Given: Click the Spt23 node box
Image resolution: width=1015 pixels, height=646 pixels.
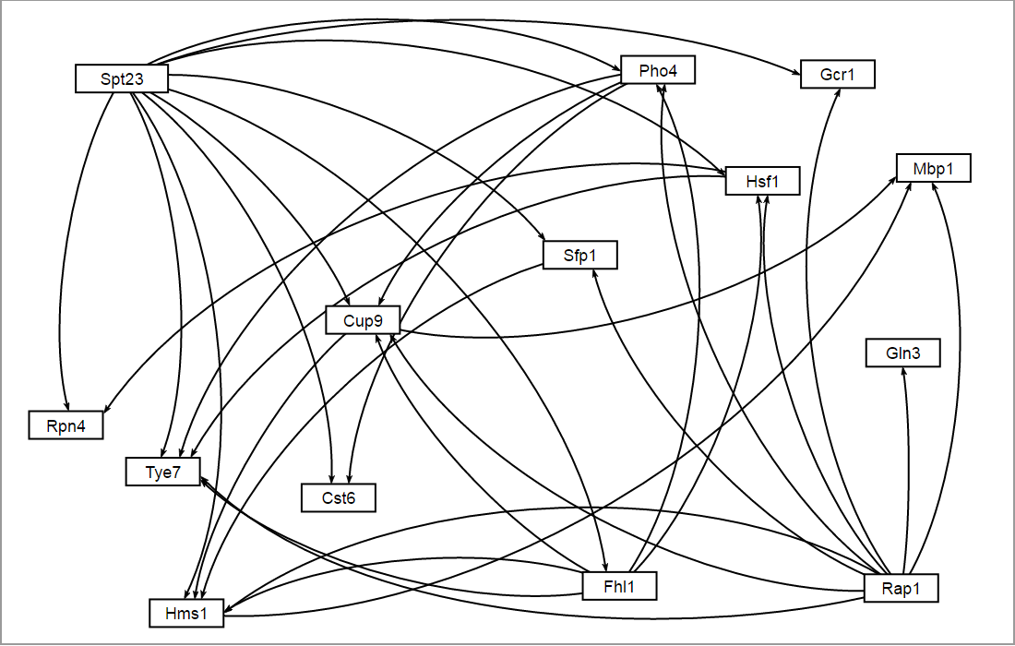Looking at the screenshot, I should (x=122, y=78).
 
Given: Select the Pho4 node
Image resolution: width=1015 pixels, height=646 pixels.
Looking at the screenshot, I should (x=658, y=70).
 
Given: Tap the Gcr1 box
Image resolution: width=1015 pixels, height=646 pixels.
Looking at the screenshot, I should (x=838, y=74).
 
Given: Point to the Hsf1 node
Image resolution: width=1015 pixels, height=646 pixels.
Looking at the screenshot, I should (x=762, y=182).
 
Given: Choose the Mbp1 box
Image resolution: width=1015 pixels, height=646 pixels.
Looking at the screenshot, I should (x=933, y=168).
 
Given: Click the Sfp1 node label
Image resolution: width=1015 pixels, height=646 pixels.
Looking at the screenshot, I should (x=579, y=255).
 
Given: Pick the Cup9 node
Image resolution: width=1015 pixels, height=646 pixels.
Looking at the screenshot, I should (x=363, y=319).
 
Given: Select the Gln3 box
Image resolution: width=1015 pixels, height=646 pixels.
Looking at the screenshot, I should (x=902, y=353).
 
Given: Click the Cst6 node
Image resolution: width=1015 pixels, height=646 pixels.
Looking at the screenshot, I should (x=339, y=497).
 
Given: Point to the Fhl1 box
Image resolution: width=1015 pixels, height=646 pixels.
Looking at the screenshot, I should (x=620, y=585).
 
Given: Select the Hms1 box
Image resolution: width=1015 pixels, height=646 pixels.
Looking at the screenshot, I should (x=187, y=613).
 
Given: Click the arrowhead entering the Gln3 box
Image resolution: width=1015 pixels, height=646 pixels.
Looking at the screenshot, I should (x=904, y=371).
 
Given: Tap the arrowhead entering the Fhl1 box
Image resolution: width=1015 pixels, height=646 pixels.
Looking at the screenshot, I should (x=605, y=568).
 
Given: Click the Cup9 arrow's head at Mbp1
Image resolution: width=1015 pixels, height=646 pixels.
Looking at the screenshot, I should (x=894, y=178).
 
